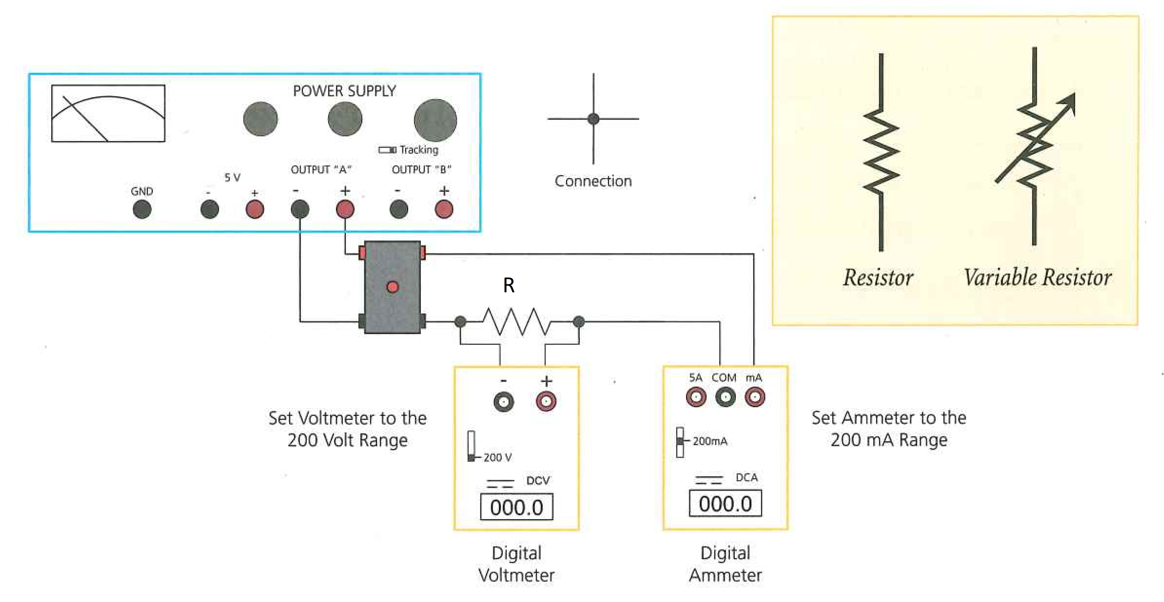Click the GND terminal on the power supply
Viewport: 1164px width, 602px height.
[x=142, y=209]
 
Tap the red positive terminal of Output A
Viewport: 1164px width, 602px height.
[x=345, y=209]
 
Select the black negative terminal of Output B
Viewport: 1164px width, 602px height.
[x=399, y=209]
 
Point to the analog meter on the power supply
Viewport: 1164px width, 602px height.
[x=108, y=113]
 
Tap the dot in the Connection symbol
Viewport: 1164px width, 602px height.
[x=593, y=119]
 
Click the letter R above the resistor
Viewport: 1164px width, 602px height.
[x=509, y=285]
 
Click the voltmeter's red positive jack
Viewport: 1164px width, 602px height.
[x=546, y=401]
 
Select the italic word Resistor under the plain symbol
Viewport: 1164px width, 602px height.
[x=878, y=277]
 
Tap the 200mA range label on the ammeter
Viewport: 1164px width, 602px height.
[x=710, y=441]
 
